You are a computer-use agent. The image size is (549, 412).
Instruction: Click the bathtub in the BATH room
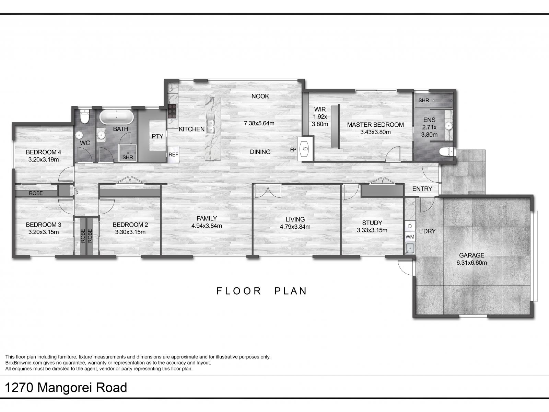coord(117,117)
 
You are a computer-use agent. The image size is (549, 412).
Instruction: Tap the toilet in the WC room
coord(84,116)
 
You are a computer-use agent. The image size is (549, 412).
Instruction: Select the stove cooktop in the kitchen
coord(172,111)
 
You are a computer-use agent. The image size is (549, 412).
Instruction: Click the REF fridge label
coord(173,154)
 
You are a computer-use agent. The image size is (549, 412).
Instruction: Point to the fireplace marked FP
coord(305,149)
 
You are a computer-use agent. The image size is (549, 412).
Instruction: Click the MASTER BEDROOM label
coord(375,125)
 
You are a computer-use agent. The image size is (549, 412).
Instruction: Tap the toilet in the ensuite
coord(446,151)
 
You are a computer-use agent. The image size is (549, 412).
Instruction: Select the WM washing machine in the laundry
coord(410,237)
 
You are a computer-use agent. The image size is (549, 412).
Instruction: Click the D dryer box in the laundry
coord(410,226)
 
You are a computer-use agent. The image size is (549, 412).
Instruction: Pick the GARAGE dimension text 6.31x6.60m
coord(472,263)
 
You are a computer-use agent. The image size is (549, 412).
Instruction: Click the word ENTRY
coord(422,188)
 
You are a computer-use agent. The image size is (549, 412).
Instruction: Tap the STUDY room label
coord(372,222)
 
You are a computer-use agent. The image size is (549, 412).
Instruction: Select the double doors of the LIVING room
coord(267,191)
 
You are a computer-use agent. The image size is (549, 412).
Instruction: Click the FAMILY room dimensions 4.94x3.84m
coord(207,226)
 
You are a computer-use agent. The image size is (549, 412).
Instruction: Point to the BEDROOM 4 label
coord(44,152)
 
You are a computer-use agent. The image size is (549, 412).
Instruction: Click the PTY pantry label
coord(157,136)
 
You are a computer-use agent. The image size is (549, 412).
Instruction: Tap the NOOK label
coord(260,96)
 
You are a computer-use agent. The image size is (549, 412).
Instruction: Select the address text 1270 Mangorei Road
coord(66,388)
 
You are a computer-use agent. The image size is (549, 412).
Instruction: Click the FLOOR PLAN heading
coord(261,291)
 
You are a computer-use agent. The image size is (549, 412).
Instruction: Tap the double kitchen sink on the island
coord(211,126)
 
